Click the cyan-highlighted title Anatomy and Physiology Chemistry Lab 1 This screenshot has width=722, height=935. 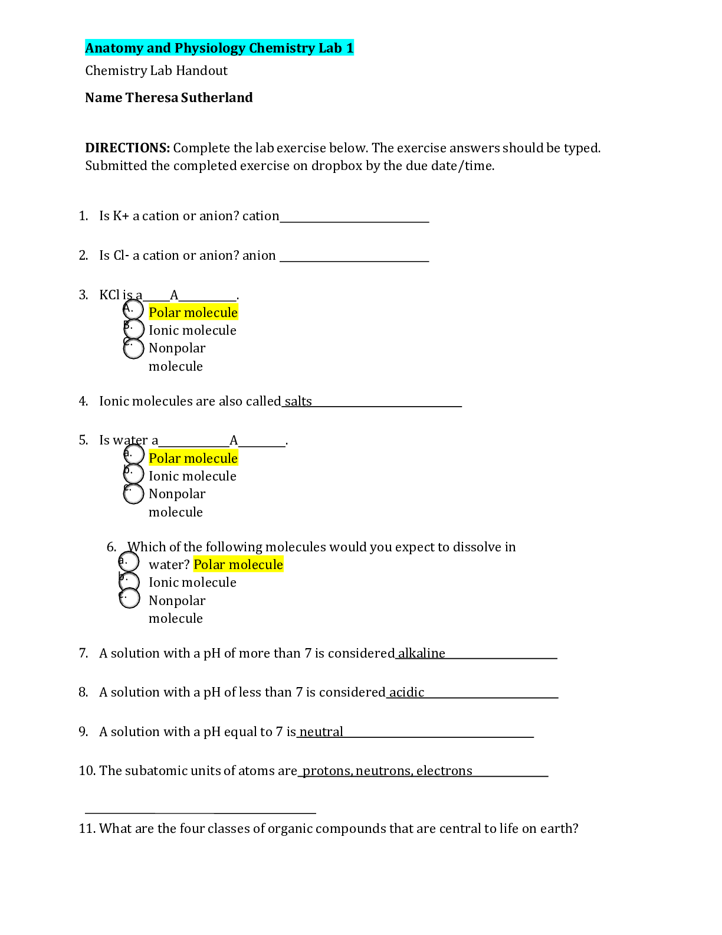click(219, 48)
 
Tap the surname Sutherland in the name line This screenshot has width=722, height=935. click(216, 97)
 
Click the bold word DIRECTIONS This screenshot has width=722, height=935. click(128, 148)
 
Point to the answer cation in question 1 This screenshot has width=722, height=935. click(261, 215)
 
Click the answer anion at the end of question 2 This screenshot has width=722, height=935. click(259, 255)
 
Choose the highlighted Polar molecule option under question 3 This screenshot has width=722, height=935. click(193, 312)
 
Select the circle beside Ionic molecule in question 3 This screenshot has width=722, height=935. click(134, 329)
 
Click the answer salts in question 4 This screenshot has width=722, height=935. click(298, 401)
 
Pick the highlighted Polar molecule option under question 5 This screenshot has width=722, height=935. click(193, 458)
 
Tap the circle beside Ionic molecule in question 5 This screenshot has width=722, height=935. click(134, 474)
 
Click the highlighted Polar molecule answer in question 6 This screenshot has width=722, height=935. click(238, 564)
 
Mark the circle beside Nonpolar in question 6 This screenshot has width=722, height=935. click(129, 598)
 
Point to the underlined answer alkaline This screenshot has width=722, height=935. click(421, 653)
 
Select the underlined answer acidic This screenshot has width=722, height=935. click(406, 692)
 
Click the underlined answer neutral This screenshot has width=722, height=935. click(321, 731)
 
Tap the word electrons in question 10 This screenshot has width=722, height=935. click(444, 771)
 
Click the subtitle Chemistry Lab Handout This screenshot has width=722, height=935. click(156, 71)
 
